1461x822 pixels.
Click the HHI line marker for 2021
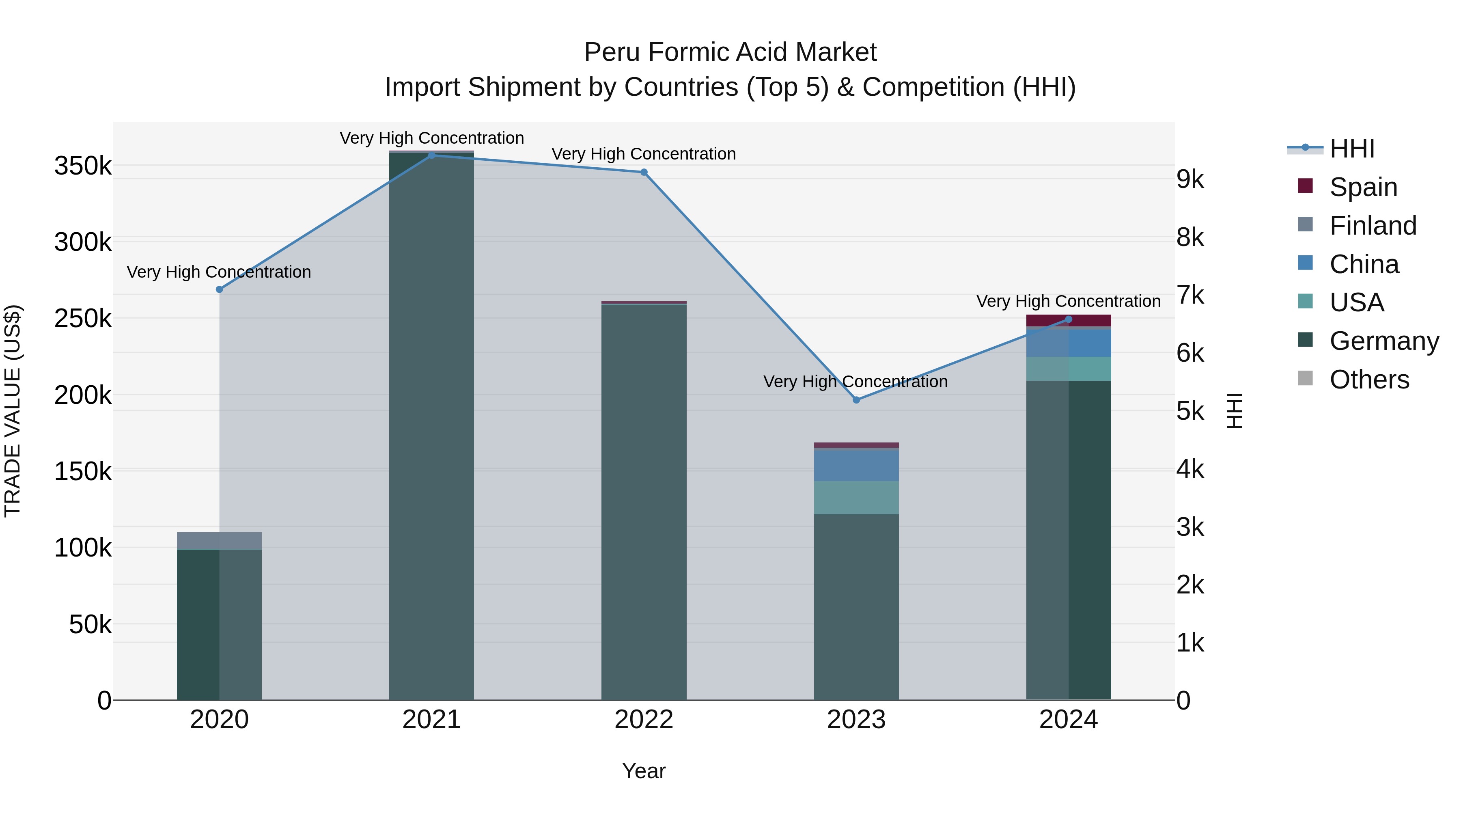click(432, 155)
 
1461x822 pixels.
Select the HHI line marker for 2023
click(856, 400)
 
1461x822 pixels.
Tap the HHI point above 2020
click(220, 289)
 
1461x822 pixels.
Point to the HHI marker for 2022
click(644, 173)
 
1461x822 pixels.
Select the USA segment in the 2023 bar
click(856, 498)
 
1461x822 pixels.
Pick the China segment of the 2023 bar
click(856, 465)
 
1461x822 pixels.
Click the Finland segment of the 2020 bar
click(220, 541)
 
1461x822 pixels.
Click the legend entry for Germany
click(1384, 341)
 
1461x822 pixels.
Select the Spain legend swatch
click(1305, 186)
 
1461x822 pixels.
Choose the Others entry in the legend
click(1369, 380)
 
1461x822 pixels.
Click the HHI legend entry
click(1352, 149)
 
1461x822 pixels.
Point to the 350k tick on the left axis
click(83, 166)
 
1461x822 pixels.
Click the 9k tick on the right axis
click(1190, 179)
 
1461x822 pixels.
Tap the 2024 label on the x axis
click(1069, 720)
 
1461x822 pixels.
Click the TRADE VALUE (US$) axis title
click(13, 411)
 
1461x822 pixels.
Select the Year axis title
click(644, 771)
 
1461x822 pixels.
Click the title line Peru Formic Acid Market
click(730, 52)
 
